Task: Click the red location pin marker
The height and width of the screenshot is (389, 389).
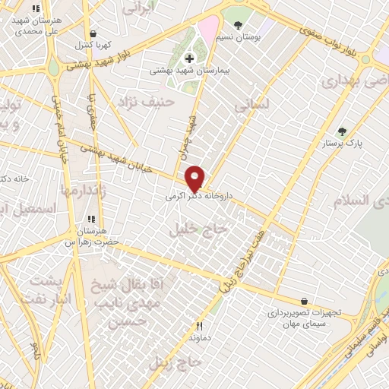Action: [x=195, y=178]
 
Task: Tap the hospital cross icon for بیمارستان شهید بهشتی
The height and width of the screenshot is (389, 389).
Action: [x=189, y=59]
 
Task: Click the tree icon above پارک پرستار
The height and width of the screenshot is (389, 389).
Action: [x=342, y=131]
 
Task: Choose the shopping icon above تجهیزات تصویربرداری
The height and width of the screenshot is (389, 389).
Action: [x=305, y=301]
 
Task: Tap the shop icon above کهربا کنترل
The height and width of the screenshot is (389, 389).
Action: [x=93, y=33]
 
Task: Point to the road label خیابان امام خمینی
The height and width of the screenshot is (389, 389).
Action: [x=61, y=133]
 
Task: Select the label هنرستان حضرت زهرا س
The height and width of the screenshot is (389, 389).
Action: [x=92, y=236]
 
